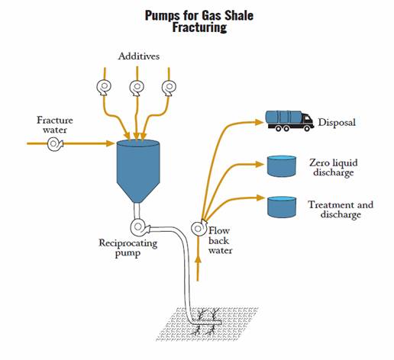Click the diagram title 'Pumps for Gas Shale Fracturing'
[199, 21]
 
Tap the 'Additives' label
[139, 56]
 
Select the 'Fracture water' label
[55, 125]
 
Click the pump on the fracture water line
[55, 144]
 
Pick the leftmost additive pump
[104, 87]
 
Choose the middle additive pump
[137, 88]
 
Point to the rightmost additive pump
[169, 88]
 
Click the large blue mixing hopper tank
[138, 171]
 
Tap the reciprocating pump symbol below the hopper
[139, 227]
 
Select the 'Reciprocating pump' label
[128, 248]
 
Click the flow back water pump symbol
[199, 228]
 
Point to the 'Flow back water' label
[220, 240]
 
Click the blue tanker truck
[289, 121]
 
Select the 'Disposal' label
[337, 123]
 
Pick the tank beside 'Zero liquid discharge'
[282, 166]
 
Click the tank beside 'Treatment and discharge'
[282, 207]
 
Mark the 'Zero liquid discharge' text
[334, 168]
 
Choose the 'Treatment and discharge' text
[341, 210]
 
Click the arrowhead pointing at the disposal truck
[260, 122]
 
